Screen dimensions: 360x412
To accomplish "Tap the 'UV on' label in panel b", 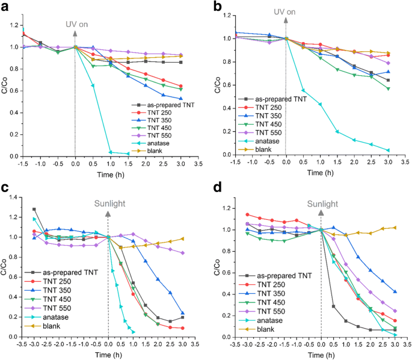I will pyautogui.click(x=286, y=11).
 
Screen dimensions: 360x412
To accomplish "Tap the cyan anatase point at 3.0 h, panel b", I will pyautogui.click(x=388, y=151).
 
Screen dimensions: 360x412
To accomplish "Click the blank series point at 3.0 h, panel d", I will pyautogui.click(x=395, y=228).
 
